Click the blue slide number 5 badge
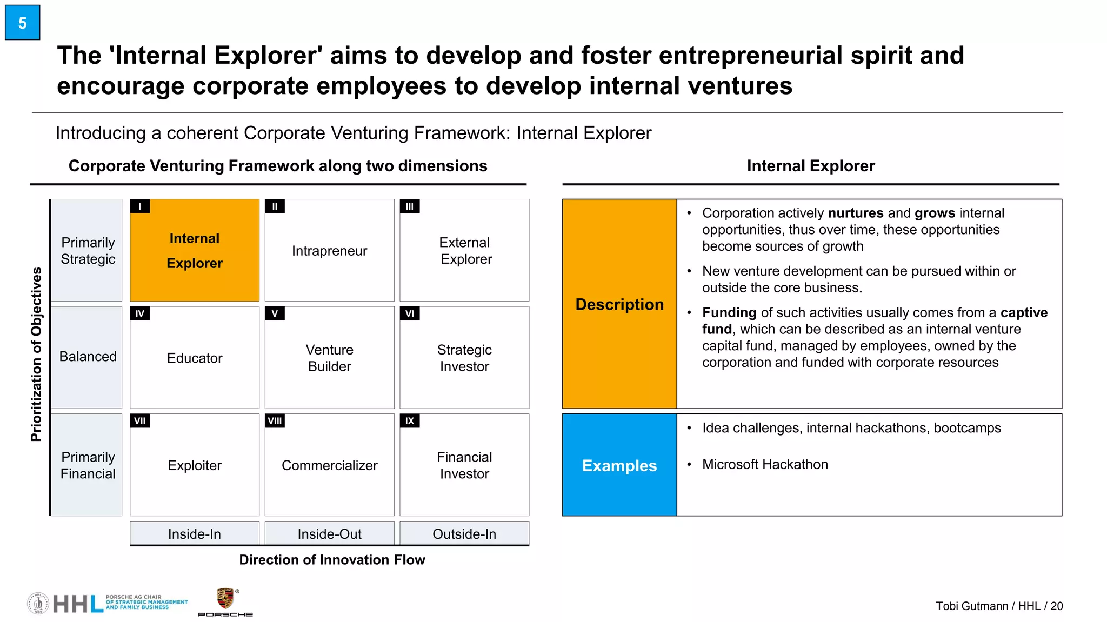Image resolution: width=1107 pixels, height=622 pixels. coord(23,23)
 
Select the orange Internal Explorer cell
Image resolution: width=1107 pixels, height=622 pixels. coord(195,250)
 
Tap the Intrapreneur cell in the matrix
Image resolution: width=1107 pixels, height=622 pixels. coord(329,251)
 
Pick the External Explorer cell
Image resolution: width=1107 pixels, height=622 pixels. coord(464,251)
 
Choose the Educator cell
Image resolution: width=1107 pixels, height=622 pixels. coord(195,358)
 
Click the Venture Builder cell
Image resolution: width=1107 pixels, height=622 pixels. coord(329,358)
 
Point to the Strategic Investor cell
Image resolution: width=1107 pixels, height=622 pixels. coord(464,358)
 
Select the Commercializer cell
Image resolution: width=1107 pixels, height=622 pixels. coord(329,465)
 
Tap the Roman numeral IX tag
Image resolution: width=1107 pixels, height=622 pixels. coord(410,421)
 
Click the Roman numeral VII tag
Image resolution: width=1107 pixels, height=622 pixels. coord(140,421)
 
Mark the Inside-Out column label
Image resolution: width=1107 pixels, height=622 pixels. coord(329,534)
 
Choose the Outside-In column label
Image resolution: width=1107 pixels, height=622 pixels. coord(464,534)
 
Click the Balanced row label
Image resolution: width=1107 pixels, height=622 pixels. coord(87,357)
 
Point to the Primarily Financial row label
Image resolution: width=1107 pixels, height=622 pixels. coord(87,465)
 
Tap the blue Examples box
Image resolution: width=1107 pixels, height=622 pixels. coord(619,465)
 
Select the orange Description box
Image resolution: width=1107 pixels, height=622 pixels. coord(619,304)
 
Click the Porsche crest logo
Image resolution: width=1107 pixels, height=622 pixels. coord(225,599)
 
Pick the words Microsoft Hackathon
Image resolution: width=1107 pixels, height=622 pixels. coord(765,464)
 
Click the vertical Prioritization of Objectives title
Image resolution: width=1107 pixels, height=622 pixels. coord(36,354)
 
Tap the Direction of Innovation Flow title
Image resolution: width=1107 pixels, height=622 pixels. coord(332,560)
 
